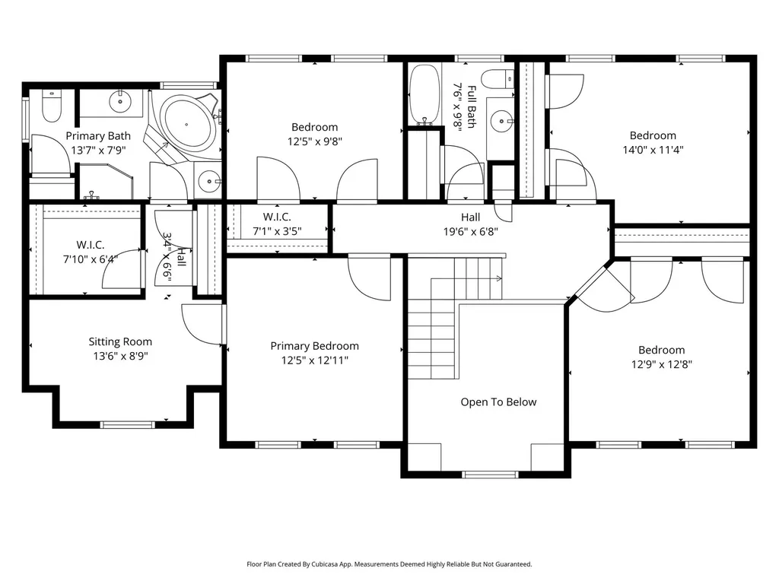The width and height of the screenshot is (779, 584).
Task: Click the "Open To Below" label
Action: (x=498, y=401)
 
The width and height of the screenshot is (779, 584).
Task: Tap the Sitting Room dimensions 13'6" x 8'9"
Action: (x=120, y=356)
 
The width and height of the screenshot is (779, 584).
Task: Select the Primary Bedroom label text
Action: (x=314, y=346)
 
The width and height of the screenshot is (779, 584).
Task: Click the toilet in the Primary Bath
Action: (x=51, y=105)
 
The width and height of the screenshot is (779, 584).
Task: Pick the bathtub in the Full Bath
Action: (x=424, y=94)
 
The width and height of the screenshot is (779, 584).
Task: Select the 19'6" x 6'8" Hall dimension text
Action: (x=470, y=231)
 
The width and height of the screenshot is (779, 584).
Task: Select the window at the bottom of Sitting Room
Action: (x=128, y=424)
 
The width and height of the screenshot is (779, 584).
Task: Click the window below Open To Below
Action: (x=490, y=474)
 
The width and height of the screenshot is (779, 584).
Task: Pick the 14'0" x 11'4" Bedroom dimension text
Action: (x=653, y=150)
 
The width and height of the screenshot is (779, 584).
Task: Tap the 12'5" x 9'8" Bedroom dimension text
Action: (x=314, y=141)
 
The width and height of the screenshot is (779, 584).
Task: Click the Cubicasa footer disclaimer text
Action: (x=389, y=564)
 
